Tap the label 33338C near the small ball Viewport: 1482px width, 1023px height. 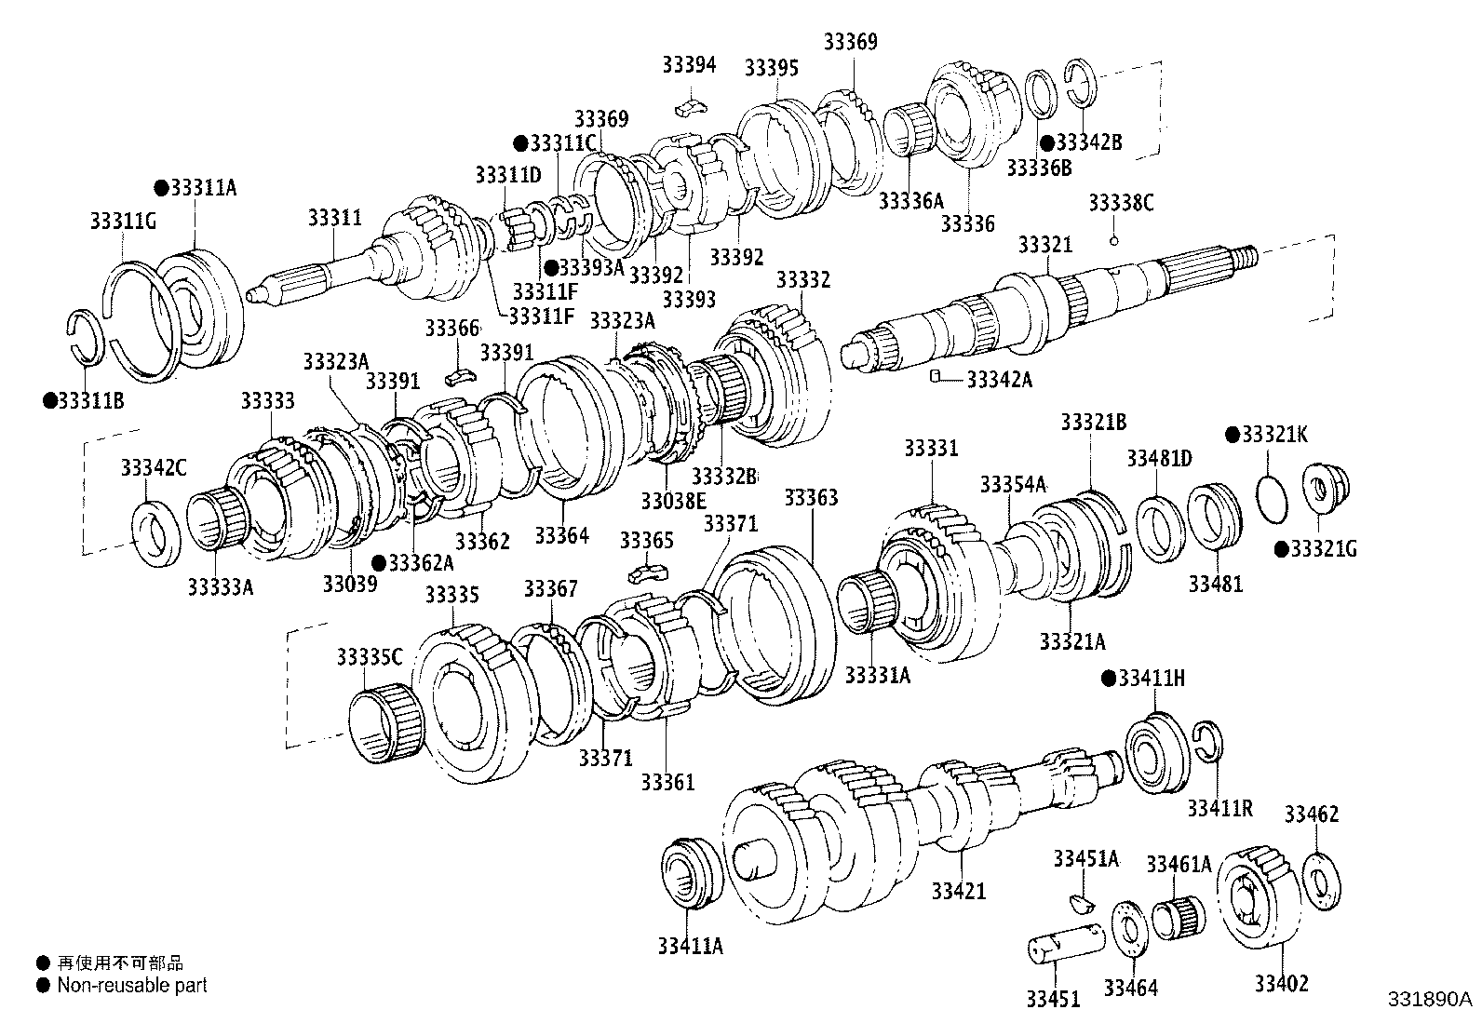[x=1121, y=203]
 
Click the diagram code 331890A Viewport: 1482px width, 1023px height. [x=1430, y=999]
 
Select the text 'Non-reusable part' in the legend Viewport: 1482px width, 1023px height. [x=132, y=985]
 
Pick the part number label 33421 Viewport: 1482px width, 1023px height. [x=958, y=891]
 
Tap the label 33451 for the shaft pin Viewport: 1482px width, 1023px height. [x=1053, y=999]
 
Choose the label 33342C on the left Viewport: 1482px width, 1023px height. [x=154, y=468]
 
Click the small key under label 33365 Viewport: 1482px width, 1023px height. [x=647, y=571]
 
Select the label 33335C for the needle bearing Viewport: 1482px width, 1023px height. [x=370, y=657]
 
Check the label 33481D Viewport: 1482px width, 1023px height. [x=1159, y=458]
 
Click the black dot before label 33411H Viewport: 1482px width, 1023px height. [x=1108, y=678]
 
